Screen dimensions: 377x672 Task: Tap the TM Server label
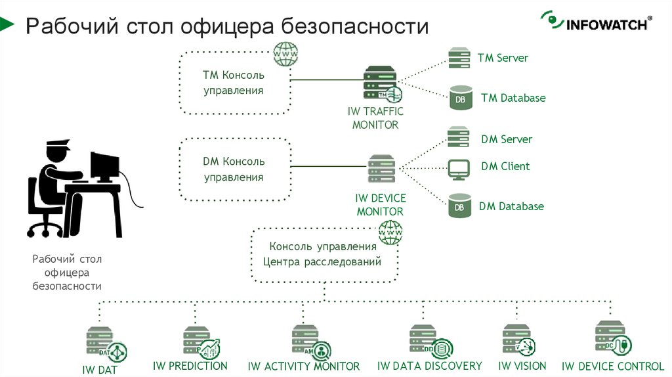tap(503, 58)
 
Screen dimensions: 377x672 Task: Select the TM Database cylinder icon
tap(460, 98)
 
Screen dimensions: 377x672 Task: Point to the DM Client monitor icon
tap(459, 169)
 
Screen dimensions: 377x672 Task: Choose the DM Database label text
tap(511, 206)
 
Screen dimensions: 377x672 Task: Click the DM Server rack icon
tap(459, 138)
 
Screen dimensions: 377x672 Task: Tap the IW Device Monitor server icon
tap(381, 169)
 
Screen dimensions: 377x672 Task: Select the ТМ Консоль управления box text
tap(233, 83)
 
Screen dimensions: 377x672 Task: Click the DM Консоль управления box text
tap(233, 169)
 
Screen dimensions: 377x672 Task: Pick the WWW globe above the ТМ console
tap(285, 54)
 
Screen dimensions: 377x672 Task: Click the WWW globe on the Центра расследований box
tap(390, 232)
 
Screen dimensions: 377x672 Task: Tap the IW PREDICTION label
tap(190, 366)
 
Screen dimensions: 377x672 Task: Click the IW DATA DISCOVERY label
tap(429, 366)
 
